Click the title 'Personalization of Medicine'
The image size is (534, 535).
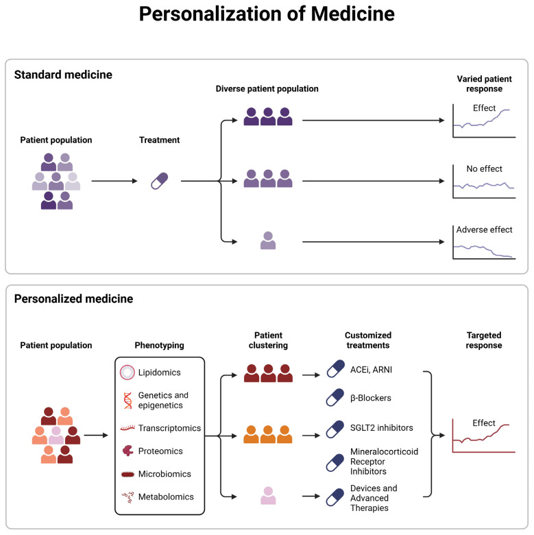click(x=267, y=14)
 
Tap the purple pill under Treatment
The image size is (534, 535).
click(x=160, y=181)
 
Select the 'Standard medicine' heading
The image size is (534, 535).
click(x=63, y=75)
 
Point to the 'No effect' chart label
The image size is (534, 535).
click(x=484, y=169)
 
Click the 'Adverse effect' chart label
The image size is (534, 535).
click(x=484, y=229)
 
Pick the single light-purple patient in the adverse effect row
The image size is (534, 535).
click(x=268, y=240)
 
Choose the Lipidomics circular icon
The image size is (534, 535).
click(x=128, y=372)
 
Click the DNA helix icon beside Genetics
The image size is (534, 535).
click(x=128, y=401)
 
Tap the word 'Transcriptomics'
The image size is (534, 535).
click(x=169, y=428)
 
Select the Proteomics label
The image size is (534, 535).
click(x=160, y=451)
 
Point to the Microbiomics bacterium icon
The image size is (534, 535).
click(x=128, y=474)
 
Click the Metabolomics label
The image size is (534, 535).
click(x=166, y=497)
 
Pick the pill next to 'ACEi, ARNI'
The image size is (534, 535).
click(x=336, y=369)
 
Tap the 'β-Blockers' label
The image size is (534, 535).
click(x=371, y=398)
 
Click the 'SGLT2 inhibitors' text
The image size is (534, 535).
click(x=381, y=428)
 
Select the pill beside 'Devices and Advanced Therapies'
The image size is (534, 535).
click(x=335, y=497)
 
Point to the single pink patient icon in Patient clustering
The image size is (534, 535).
click(x=268, y=495)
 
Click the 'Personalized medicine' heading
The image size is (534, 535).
click(x=73, y=299)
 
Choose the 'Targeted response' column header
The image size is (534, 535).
click(x=484, y=340)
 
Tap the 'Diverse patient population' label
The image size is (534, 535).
click(x=267, y=89)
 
